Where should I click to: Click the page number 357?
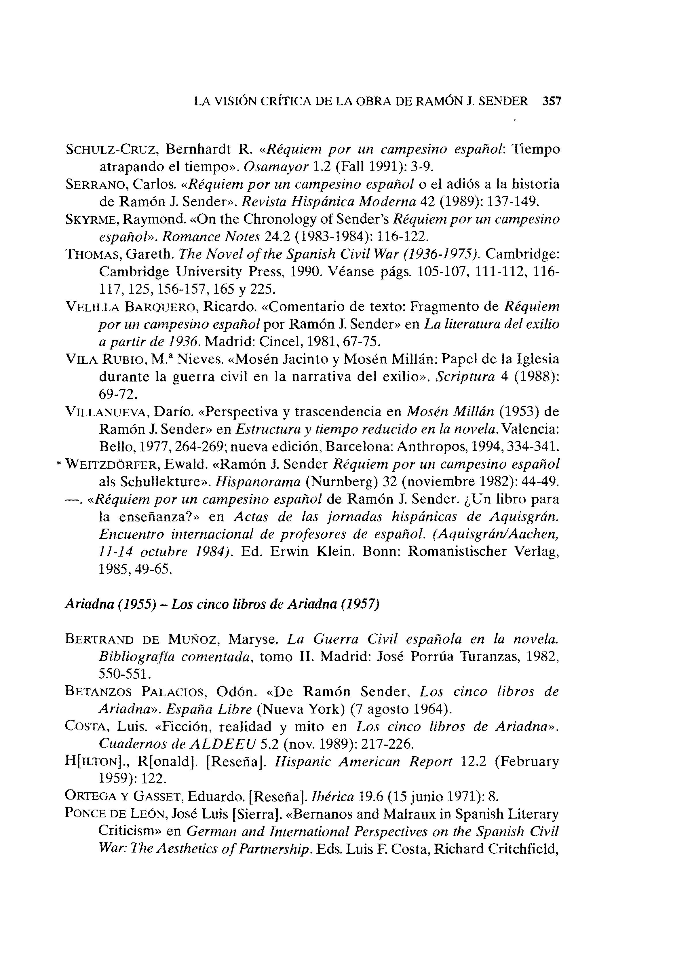(x=552, y=101)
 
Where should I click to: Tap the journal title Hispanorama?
(x=258, y=482)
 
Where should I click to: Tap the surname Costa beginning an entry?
(x=85, y=726)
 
